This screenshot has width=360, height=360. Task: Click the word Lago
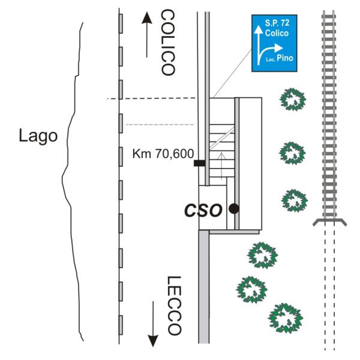38,136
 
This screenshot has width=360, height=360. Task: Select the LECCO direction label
173,305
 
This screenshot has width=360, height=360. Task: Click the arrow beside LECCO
154,324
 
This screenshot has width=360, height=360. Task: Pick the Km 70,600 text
160,154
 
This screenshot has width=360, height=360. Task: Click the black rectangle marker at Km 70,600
199,163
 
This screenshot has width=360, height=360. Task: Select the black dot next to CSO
233,209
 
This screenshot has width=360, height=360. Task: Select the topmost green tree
293,98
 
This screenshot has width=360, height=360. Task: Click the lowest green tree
285,316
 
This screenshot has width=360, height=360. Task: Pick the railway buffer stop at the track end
329,222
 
